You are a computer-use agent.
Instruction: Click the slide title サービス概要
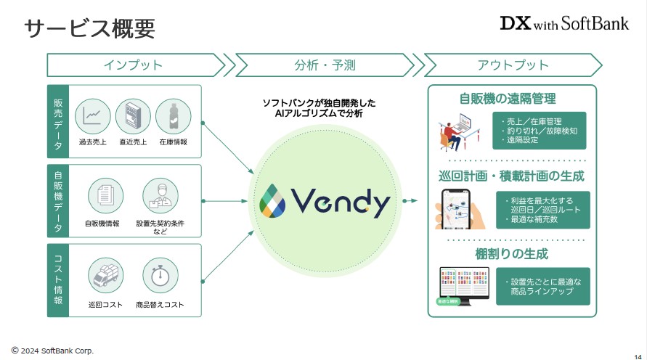point(89,28)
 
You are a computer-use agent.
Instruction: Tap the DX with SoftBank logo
point(564,23)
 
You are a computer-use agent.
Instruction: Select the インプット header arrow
point(135,65)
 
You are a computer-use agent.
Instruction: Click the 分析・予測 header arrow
point(324,65)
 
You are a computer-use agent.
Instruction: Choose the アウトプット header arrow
point(513,65)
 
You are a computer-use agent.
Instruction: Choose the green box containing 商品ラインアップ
point(543,286)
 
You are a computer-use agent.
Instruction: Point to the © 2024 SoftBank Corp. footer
point(52,351)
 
